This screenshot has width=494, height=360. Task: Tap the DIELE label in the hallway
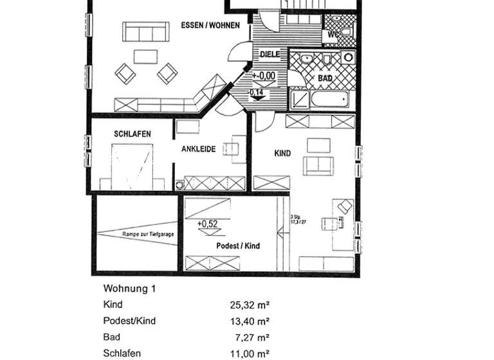click(270, 55)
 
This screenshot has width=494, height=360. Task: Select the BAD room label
click(325, 78)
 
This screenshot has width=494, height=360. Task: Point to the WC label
click(333, 34)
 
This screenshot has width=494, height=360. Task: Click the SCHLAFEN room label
click(133, 134)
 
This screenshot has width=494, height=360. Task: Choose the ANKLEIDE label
click(198, 149)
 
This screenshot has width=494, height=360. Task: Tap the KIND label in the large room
click(282, 154)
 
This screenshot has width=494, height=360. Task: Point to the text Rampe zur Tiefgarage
click(148, 235)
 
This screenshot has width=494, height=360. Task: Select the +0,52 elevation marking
click(206, 224)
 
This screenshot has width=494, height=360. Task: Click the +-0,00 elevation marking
click(264, 76)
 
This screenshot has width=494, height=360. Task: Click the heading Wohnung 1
click(129, 289)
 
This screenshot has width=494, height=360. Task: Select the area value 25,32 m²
click(250, 305)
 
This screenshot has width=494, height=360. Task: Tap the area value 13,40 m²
click(250, 321)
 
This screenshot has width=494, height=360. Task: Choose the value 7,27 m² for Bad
click(252, 337)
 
